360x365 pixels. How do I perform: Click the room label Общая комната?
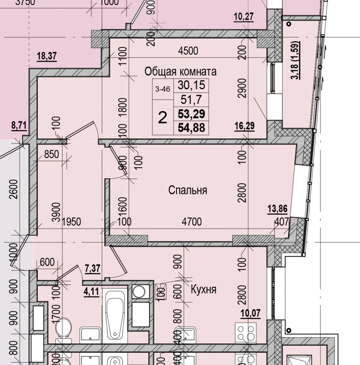point(180,71)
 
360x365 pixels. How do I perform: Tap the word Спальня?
point(188,190)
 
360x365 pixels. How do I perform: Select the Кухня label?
point(203,289)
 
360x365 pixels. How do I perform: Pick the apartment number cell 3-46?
point(162,89)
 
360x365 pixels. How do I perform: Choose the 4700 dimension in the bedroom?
point(192,221)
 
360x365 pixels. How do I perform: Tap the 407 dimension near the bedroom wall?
point(281,221)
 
